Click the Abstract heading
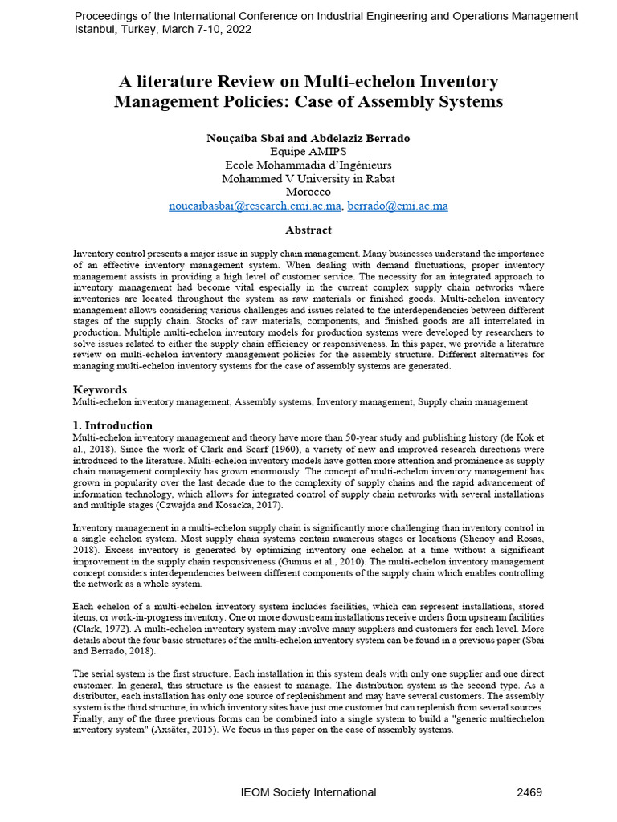tap(308, 230)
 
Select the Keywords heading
tap(100, 389)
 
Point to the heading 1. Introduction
tap(112, 425)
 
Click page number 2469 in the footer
tap(529, 792)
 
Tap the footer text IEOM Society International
tap(308, 792)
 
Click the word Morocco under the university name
tap(308, 192)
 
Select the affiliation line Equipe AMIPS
tap(308, 151)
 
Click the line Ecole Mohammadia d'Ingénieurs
tap(308, 165)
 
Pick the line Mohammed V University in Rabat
tap(308, 178)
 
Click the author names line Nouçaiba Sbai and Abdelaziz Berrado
tap(308, 138)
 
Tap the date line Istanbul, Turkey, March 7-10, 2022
tap(163, 29)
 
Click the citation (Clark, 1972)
tap(100, 629)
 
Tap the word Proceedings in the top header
tap(106, 16)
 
